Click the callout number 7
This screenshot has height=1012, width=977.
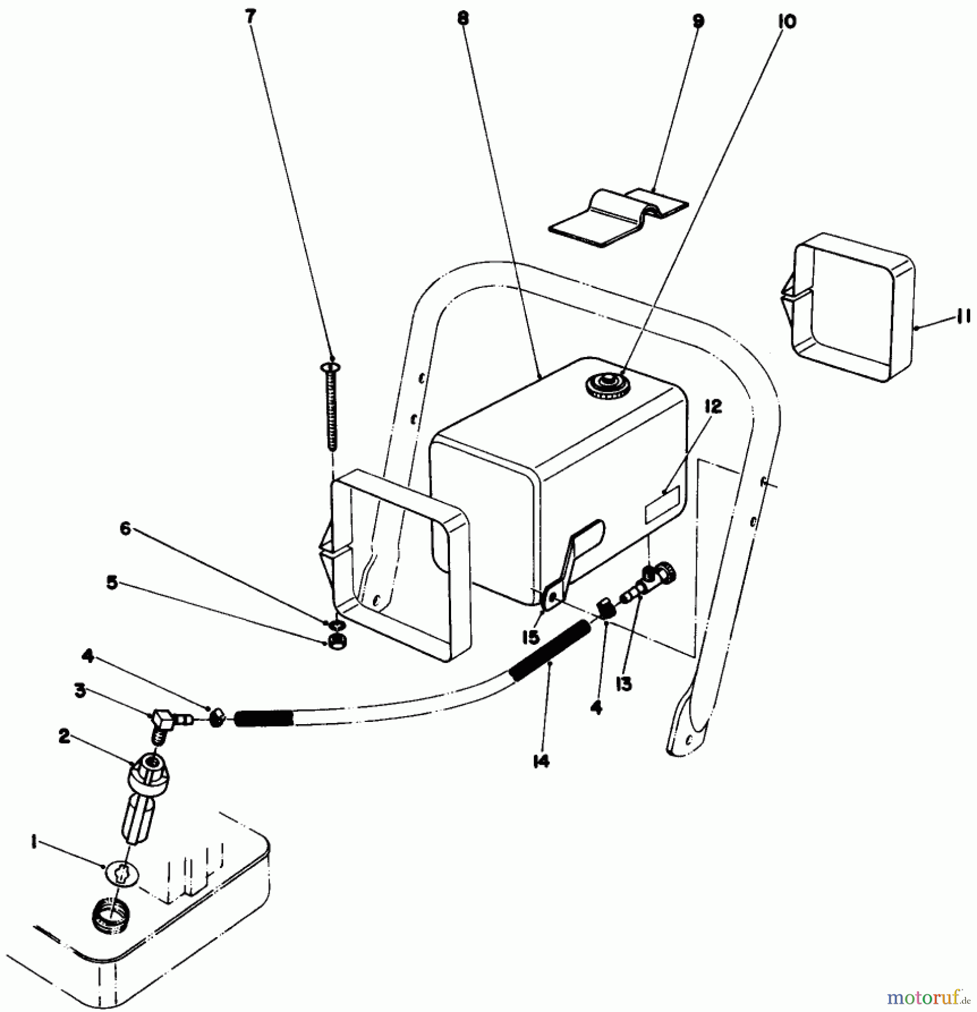(x=250, y=16)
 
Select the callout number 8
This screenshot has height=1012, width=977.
(x=462, y=18)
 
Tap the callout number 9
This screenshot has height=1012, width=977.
(x=698, y=21)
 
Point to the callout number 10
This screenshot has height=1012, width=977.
(x=787, y=22)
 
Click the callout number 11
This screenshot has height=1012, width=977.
(x=962, y=317)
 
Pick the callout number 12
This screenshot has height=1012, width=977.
(x=713, y=406)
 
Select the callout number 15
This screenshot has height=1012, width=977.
(x=530, y=637)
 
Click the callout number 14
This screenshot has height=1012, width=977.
(x=541, y=761)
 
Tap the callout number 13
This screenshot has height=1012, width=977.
(x=624, y=684)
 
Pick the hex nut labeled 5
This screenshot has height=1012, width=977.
(x=337, y=641)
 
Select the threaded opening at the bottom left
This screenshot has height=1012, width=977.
(x=111, y=915)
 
